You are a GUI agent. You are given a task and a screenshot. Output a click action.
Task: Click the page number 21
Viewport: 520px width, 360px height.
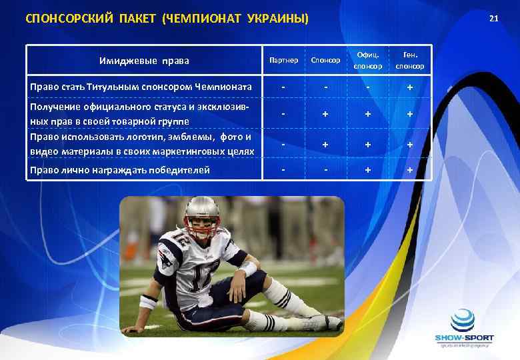(493, 17)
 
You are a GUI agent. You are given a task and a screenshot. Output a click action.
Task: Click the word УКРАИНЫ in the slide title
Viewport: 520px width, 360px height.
(276, 18)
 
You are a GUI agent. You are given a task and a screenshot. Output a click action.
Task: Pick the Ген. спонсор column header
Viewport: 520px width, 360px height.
(409, 61)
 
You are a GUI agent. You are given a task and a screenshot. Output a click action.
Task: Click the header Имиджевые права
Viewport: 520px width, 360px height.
(144, 61)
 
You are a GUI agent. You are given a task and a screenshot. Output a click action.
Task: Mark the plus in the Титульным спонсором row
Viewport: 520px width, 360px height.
(409, 87)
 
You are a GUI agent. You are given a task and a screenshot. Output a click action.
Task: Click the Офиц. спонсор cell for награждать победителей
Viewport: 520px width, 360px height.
(368, 170)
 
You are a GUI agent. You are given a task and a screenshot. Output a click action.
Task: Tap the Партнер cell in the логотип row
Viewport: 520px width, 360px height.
(283, 144)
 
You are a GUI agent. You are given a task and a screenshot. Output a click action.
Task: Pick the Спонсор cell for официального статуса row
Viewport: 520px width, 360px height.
(325, 114)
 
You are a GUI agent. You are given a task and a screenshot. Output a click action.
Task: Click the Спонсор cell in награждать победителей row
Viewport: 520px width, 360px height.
(325, 169)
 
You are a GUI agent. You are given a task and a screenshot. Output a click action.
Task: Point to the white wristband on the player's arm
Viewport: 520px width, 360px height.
(248, 269)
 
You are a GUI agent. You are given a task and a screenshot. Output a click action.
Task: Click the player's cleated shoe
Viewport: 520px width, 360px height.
(325, 323)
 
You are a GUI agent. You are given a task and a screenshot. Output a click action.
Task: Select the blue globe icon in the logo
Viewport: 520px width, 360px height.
(462, 320)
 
